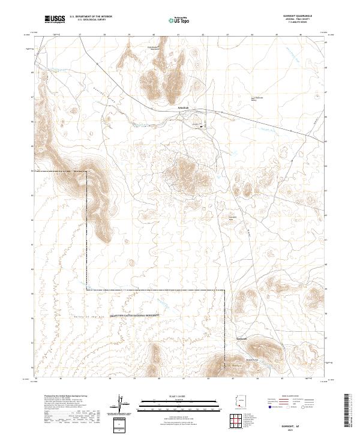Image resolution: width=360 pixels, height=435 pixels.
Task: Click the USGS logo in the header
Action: pyautogui.click(x=55, y=20)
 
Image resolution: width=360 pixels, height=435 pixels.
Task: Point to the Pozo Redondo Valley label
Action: pyautogui.click(x=257, y=99)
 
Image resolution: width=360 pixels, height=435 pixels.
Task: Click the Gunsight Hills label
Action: pyautogui.click(x=235, y=218)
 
